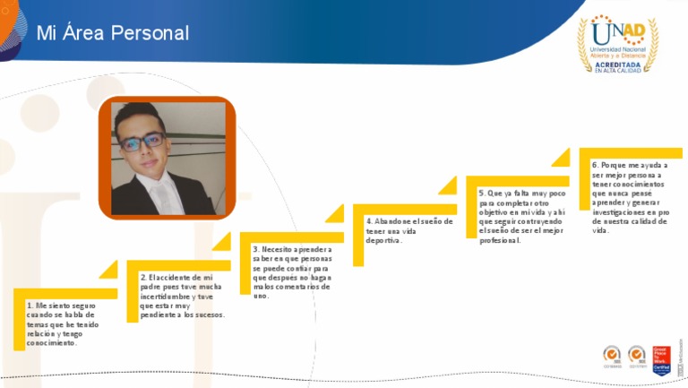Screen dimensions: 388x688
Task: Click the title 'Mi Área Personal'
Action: coord(113,33)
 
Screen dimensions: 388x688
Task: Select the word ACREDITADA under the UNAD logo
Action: coord(617,64)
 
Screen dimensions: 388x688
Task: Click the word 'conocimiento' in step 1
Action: coord(52,342)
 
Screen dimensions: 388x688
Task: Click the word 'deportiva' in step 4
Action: coord(383,240)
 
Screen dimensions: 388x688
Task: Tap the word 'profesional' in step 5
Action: coord(500,240)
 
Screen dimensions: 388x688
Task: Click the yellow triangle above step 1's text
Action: coord(108,269)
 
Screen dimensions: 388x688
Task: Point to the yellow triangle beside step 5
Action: coord(560,158)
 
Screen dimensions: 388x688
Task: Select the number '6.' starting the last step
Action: coord(596,166)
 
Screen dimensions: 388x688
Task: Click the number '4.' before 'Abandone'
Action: coord(369,221)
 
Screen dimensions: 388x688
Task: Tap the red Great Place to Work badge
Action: coord(661,359)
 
